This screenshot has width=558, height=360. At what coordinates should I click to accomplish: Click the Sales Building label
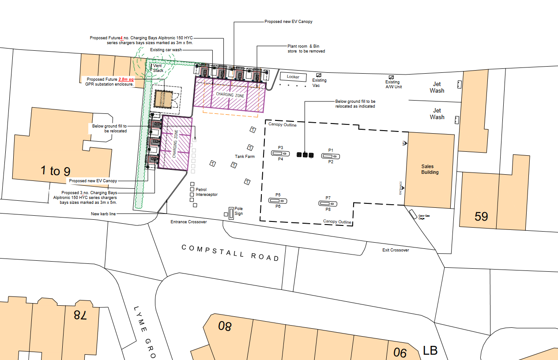click(430, 169)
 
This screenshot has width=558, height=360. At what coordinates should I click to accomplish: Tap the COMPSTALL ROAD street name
click(231, 252)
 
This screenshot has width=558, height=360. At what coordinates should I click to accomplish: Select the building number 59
click(481, 217)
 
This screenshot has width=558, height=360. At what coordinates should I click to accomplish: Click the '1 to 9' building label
click(55, 171)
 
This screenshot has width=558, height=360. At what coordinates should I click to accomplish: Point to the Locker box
click(293, 77)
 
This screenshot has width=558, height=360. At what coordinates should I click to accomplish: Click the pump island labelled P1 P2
click(331, 156)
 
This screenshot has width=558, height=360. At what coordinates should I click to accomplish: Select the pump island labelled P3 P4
click(280, 153)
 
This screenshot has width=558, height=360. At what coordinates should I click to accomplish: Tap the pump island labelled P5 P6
click(278, 200)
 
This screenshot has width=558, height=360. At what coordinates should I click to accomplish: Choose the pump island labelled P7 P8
click(328, 203)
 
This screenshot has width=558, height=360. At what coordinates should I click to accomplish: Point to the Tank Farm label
click(245, 157)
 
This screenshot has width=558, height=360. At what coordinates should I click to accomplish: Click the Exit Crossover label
click(396, 250)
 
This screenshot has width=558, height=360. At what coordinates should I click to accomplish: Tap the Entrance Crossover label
click(189, 222)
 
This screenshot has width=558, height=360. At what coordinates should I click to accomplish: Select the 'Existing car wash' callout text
click(166, 50)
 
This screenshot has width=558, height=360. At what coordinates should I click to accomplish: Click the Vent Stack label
click(158, 68)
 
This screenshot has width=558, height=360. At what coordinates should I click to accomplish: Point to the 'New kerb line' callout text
click(104, 214)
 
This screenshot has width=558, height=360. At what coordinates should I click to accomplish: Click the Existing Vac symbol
click(318, 75)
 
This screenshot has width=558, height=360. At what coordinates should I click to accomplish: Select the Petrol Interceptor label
click(207, 192)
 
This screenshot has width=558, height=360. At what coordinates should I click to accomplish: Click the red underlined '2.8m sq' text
click(126, 79)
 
